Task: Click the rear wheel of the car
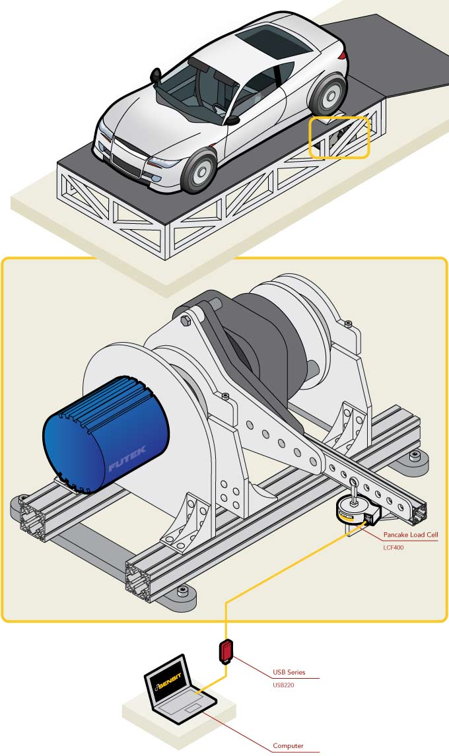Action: [x=327, y=94]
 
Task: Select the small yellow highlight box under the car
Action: [x=339, y=137]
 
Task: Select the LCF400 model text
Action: [x=394, y=547]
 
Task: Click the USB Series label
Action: [x=289, y=672]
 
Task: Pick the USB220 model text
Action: [x=284, y=685]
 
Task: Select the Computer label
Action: [x=289, y=746]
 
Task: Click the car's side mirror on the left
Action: [x=156, y=74]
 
